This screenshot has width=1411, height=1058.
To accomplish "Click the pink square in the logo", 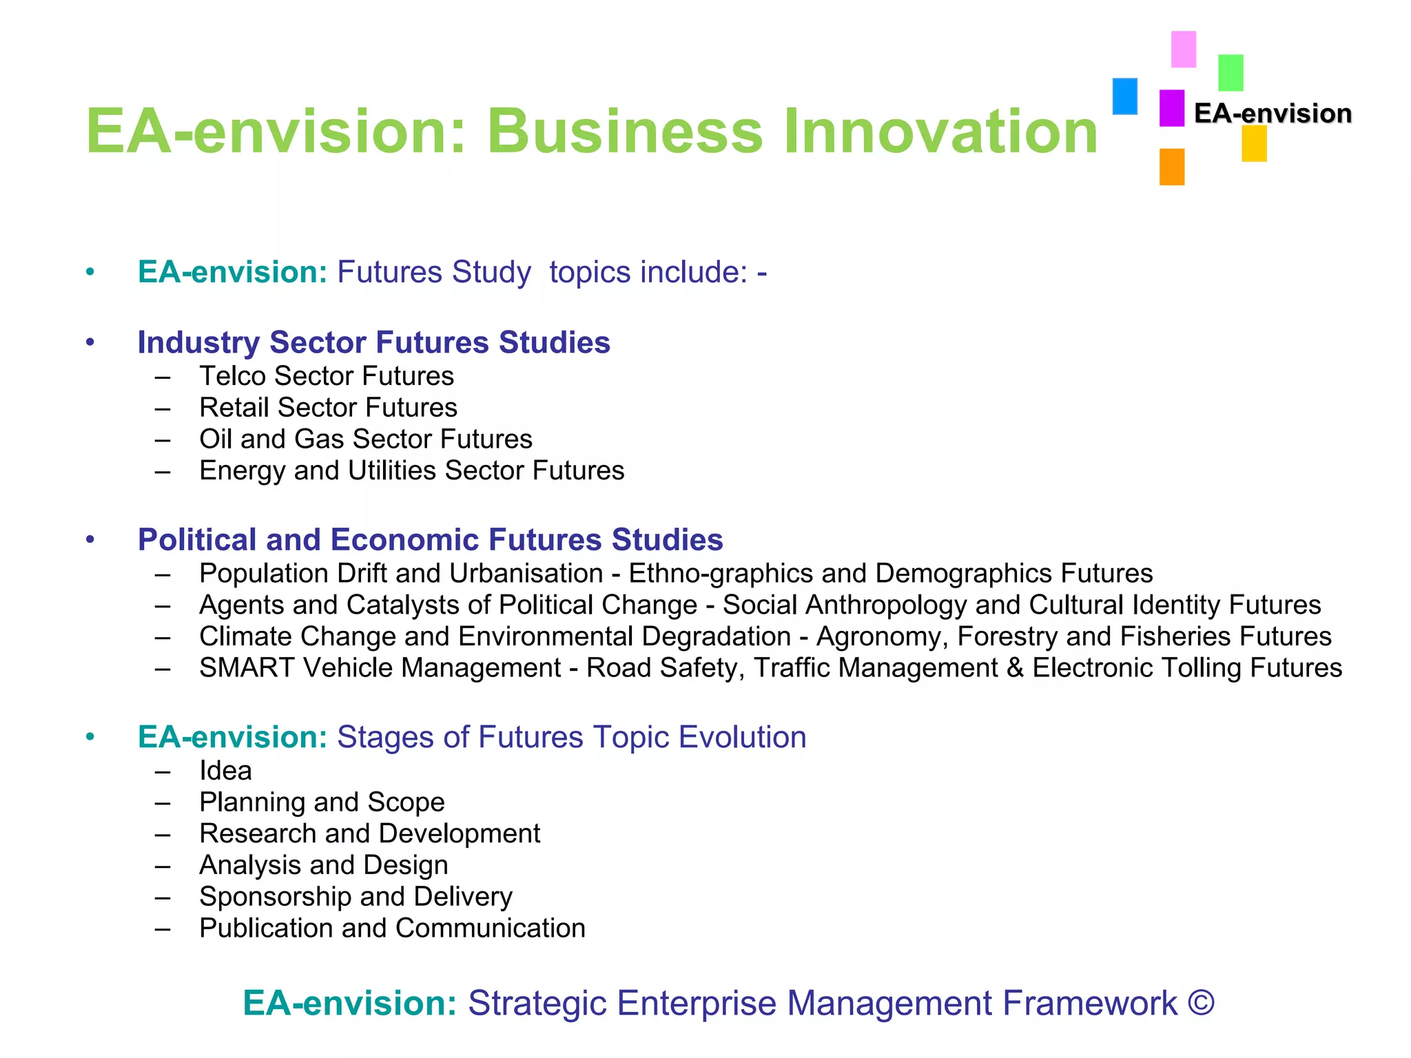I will [1184, 49].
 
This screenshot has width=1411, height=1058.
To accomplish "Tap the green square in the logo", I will [1230, 72].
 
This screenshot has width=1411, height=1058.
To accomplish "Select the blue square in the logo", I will [1124, 96].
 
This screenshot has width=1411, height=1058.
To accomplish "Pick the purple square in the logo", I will [1171, 108].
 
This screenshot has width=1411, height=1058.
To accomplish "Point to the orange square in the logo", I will [1171, 167].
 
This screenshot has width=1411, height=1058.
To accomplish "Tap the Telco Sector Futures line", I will [327, 376].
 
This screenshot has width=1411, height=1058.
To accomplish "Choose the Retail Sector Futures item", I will [328, 408].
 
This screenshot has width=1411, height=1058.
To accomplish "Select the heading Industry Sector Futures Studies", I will [373, 342].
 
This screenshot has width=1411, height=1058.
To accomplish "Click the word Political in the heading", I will [197, 539].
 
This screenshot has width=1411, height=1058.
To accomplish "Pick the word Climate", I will [245, 636].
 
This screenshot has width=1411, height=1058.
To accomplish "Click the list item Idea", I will [225, 771].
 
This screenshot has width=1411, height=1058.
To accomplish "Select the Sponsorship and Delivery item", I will [356, 897].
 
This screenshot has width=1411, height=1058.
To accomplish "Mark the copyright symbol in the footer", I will [1200, 1003].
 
